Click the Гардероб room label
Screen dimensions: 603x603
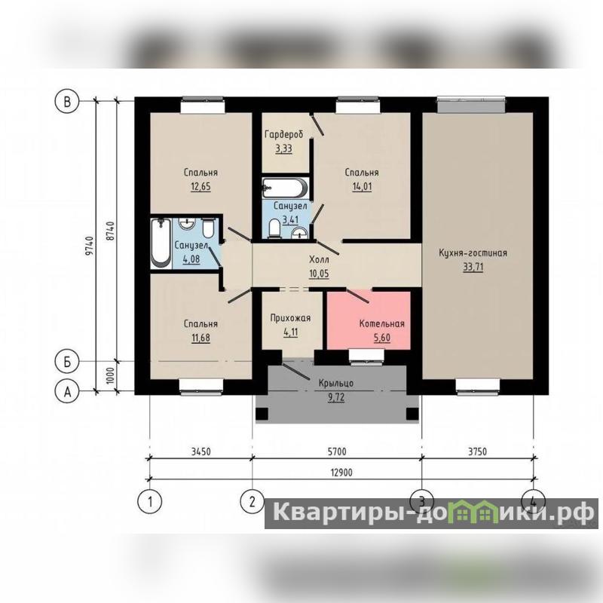coord(284,134)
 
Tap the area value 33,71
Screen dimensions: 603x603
coord(473,267)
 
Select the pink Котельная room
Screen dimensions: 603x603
coord(369,320)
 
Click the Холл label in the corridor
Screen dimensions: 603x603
coord(319,259)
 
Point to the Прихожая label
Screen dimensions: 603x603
coord(290,318)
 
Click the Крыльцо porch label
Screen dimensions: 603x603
coord(336,383)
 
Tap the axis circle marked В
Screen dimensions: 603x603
coord(67,102)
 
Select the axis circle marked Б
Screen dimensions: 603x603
coord(67,362)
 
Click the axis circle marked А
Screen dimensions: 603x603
coord(67,392)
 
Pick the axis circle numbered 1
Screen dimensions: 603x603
coord(149,501)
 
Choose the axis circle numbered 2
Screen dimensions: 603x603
coord(253,501)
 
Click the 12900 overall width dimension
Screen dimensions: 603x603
coord(341,473)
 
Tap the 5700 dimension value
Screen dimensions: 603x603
coord(337,451)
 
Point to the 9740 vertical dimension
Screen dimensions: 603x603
coord(89,246)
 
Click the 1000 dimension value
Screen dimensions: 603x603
coord(110,376)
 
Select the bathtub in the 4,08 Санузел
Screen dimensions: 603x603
coord(161,243)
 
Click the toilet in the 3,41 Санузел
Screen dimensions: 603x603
coord(274,228)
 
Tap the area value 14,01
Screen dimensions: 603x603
coord(362,187)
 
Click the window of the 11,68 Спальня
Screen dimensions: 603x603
coord(201,386)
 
